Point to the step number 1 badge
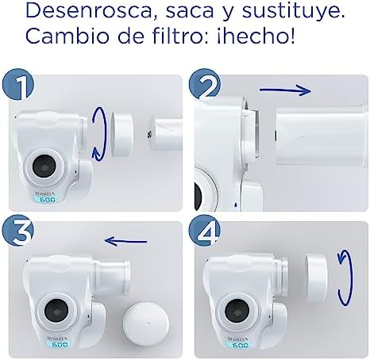pyautogui.click(x=18, y=85)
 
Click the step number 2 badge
pyautogui.click(x=205, y=84)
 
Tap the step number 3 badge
pyautogui.click(x=18, y=233)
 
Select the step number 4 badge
pyautogui.click(x=205, y=232)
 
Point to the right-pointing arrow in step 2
pyautogui.click(x=285, y=90)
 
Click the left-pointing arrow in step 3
pyautogui.click(x=125, y=241)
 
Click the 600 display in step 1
pyautogui.click(x=48, y=200)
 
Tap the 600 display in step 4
pyautogui.click(x=240, y=344)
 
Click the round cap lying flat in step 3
pyautogui.click(x=146, y=321)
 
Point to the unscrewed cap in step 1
pyautogui.click(x=121, y=133)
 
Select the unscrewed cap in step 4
pyautogui.click(x=316, y=278)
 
